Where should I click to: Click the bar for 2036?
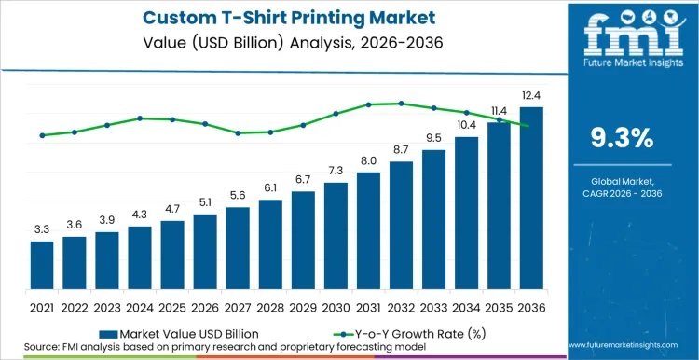click(x=531, y=200)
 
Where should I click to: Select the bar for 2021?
click(x=42, y=267)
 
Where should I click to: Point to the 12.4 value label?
click(x=531, y=96)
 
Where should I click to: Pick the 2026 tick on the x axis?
click(x=205, y=306)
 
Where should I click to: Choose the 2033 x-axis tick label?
click(x=433, y=306)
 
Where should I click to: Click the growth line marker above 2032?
click(x=401, y=104)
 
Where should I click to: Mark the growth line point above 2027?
click(x=238, y=133)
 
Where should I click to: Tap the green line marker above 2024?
click(x=140, y=118)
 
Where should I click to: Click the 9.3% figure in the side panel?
click(x=622, y=138)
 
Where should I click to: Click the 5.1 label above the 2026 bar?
click(x=205, y=201)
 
